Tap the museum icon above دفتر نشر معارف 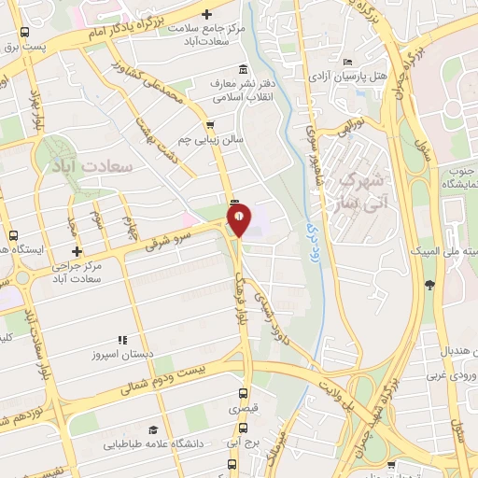[x=244, y=69]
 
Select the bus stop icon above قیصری [x=244, y=393]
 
